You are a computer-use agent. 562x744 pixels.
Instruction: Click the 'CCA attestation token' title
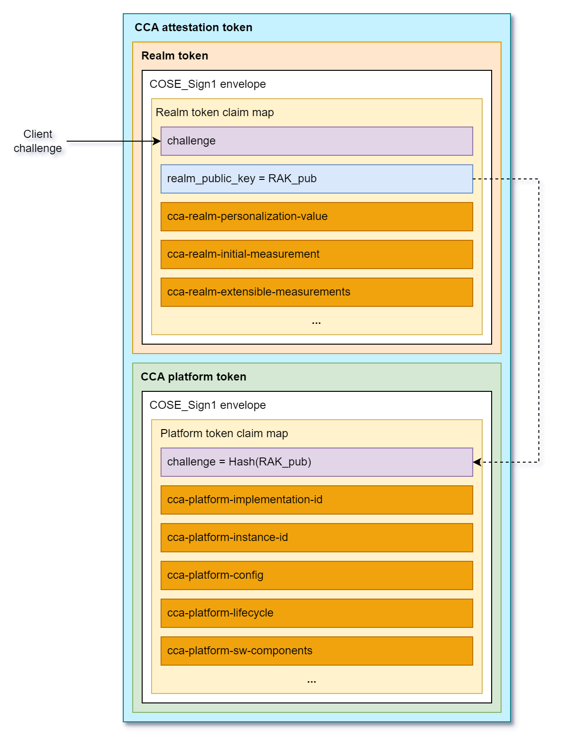coord(193,27)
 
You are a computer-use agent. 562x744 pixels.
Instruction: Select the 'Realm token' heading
coord(175,56)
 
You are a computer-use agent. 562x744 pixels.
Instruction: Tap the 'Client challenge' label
coord(38,141)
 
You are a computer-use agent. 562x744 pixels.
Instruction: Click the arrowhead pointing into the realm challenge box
coord(157,141)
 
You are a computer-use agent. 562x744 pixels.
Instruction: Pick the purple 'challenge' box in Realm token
coord(316,141)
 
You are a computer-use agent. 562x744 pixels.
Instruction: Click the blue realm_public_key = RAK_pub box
coord(316,179)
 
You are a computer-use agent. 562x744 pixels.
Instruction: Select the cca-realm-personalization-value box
coord(316,217)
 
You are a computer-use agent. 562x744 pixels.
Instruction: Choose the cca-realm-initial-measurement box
coord(316,254)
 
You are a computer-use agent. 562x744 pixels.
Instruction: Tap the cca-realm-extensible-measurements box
coord(316,292)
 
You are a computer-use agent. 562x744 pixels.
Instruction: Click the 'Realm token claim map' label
coord(215,112)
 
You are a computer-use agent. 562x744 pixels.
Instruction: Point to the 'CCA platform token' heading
coord(193,377)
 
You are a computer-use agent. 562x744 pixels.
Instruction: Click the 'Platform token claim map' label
coord(224,433)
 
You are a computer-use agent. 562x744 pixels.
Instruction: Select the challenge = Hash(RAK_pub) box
coord(316,462)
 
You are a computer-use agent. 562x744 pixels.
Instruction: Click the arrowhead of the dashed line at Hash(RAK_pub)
coord(477,462)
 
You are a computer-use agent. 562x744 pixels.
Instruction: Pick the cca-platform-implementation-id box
coord(316,500)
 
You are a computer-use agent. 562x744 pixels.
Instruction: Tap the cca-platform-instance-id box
coord(316,538)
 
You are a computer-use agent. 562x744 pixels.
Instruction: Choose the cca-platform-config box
coord(316,575)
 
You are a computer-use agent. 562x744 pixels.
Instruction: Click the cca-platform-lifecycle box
coord(316,613)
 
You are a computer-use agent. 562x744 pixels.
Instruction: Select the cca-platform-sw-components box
coord(316,651)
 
